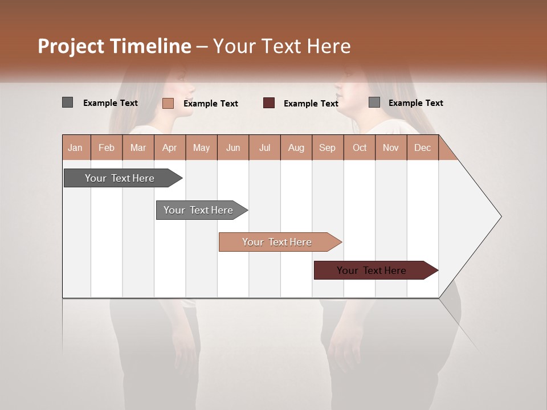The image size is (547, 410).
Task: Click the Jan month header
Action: coord(75,148)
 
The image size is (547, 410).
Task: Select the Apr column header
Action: coord(169,148)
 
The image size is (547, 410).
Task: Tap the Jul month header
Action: coord(264,148)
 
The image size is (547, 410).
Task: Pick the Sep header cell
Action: coord(327,148)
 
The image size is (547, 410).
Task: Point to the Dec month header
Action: coord(422,148)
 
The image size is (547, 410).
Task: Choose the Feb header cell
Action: coord(107,148)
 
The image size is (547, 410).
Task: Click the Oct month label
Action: coord(360,148)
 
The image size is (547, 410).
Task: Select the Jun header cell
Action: coord(233,148)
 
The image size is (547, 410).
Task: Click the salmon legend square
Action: coord(168,103)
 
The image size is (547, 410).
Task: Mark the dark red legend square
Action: coord(269,103)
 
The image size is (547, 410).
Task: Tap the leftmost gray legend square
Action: coord(68,102)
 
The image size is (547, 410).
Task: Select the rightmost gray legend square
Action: coord(374,102)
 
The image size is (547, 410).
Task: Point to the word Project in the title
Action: coord(71,46)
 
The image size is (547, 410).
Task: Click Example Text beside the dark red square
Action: coord(311,104)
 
